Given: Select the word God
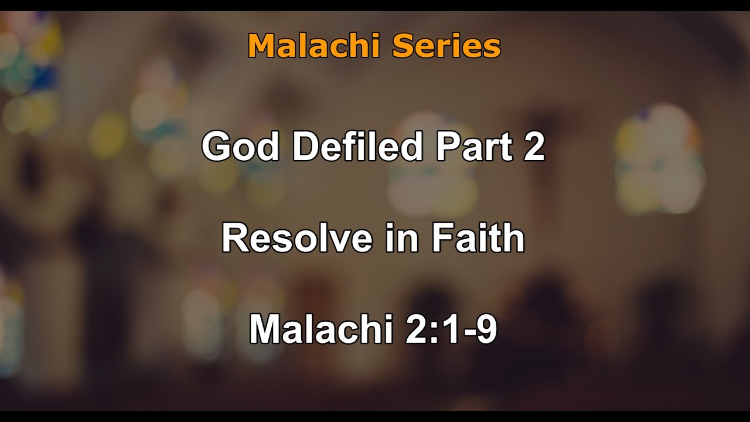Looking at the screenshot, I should (x=240, y=147).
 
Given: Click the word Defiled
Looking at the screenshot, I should (x=357, y=147).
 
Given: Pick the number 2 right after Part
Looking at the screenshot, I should (x=534, y=147).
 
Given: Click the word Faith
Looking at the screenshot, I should (x=478, y=239).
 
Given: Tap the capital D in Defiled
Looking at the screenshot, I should (x=305, y=147).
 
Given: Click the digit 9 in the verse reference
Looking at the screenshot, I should (x=487, y=329).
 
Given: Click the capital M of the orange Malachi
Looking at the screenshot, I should (x=261, y=46).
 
